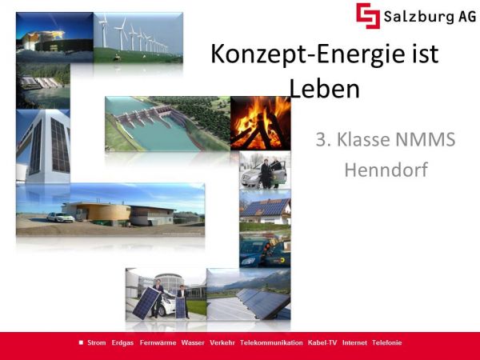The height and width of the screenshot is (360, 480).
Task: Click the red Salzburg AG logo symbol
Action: tap(368, 16)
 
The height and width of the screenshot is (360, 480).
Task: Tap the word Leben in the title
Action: tap(324, 89)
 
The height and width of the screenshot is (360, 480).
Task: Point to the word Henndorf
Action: tap(386, 170)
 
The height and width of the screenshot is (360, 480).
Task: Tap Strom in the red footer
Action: tap(97, 342)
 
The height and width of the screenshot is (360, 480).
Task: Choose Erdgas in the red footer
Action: tap(122, 343)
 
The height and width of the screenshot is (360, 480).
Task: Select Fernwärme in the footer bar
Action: tap(158, 342)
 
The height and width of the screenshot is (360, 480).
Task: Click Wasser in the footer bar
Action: tap(193, 342)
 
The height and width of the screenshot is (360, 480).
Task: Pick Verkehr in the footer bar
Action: tap(222, 342)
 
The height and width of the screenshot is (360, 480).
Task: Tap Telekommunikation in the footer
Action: tap(271, 342)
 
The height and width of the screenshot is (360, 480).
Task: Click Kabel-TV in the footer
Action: tap(322, 342)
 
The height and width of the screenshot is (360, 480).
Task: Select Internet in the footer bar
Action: tap(354, 342)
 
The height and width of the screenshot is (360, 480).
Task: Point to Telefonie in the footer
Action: tap(387, 342)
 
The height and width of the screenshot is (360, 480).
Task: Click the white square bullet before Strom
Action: tap(81, 342)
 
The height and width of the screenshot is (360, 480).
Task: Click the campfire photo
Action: tap(261, 123)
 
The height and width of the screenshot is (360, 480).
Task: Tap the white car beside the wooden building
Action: tap(61, 217)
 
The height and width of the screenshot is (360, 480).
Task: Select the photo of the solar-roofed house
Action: tap(265, 210)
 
